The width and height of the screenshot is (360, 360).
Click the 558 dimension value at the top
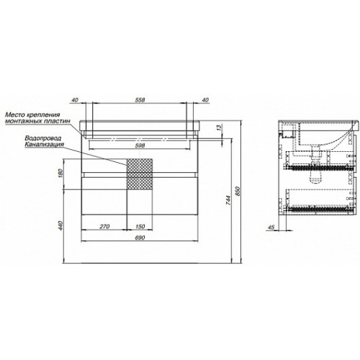coord(140,100)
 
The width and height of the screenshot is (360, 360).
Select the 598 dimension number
coord(140,145)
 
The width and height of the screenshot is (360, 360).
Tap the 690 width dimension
coord(140,238)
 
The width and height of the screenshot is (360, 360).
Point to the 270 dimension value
coord(104,226)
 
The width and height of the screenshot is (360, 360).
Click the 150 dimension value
coord(140,226)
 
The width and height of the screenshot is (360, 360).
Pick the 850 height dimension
coord(238,191)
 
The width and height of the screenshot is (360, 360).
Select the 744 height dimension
coord(228,200)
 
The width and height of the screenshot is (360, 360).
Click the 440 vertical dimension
coord(60,225)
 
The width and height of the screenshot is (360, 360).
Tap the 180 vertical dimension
coord(60,174)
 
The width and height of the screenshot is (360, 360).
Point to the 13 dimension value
coord(219,128)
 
